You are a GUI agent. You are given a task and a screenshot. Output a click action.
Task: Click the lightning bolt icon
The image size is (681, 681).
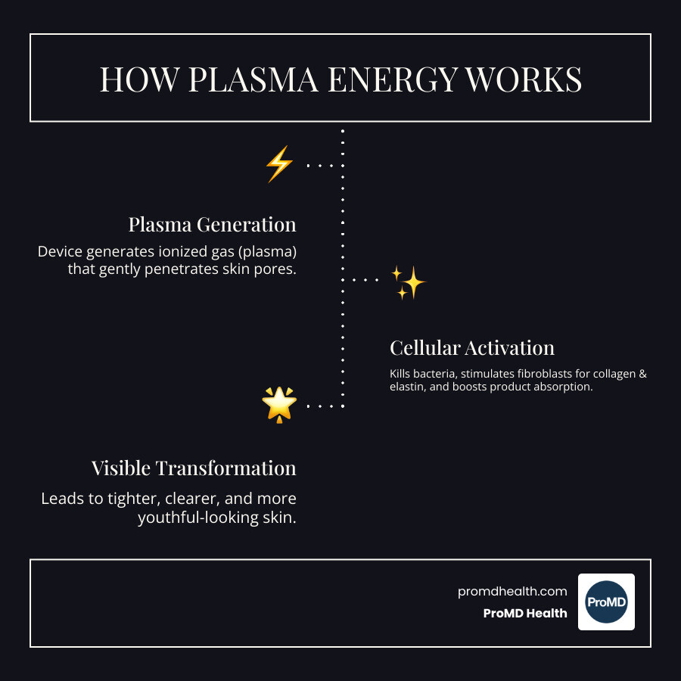[x=278, y=163]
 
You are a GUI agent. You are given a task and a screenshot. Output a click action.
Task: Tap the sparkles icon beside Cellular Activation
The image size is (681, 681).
[x=409, y=283]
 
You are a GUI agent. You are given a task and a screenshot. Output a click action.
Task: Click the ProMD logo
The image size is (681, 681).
[x=606, y=602]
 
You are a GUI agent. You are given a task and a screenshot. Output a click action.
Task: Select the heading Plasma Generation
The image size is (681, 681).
[x=212, y=225]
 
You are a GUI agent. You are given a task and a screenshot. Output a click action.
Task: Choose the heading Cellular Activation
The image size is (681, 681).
[x=472, y=348]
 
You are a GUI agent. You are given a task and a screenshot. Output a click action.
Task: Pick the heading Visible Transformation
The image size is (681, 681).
[x=194, y=468]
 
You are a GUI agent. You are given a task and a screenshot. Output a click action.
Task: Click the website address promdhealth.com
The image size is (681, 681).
[x=512, y=592]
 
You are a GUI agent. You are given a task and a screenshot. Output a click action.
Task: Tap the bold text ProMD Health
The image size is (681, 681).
[x=525, y=614]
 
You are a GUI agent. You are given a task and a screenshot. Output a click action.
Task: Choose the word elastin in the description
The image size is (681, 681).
[x=409, y=387]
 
